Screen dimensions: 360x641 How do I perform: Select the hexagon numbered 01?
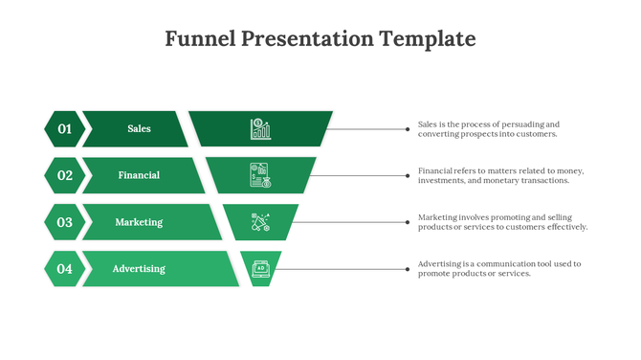(x=64, y=128)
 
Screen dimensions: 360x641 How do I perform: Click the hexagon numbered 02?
(x=64, y=175)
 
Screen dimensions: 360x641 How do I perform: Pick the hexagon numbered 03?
(x=64, y=222)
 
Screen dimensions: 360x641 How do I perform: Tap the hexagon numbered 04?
(x=64, y=269)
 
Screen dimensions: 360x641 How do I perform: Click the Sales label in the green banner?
(x=139, y=128)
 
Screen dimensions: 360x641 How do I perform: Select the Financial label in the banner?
(x=139, y=175)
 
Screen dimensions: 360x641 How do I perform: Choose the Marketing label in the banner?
(x=139, y=222)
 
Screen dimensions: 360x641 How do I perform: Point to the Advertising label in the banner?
(x=139, y=269)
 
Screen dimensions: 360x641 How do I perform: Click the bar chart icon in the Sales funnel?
(x=260, y=128)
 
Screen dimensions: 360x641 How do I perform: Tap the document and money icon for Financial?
(x=260, y=175)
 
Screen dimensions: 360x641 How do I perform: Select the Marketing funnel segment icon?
(x=260, y=222)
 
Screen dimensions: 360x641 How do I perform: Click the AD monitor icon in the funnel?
(x=260, y=269)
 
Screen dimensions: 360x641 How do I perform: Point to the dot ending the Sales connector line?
(x=408, y=128)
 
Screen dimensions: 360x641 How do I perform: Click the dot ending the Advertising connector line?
(x=408, y=269)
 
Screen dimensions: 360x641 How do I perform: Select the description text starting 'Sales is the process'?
(x=488, y=129)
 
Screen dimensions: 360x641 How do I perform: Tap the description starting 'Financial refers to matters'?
(x=500, y=175)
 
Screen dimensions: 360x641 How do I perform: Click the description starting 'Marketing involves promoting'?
(x=502, y=222)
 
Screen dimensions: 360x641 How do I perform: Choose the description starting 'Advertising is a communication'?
(x=499, y=269)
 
